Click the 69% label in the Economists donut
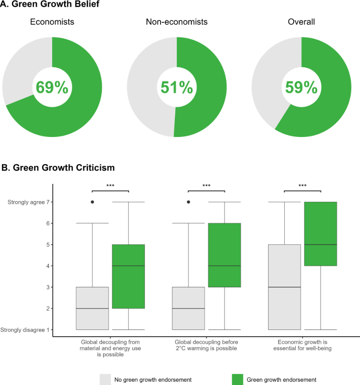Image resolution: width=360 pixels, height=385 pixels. coord(52,87)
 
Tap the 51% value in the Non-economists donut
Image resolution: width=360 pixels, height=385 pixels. coord(177,87)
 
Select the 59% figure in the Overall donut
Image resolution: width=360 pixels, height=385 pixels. coord(301,87)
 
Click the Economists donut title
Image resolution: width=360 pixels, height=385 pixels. coord(52,22)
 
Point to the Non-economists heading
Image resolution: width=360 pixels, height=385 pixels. coord(176,22)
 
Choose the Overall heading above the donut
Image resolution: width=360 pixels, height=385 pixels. coord(301,22)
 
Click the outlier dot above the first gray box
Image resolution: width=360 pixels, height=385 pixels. coord(92,202)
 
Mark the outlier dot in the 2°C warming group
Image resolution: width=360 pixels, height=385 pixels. coord(189,202)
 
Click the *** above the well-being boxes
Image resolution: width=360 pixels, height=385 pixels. coord(302,186)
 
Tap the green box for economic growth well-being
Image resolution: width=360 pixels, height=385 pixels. coord(321,234)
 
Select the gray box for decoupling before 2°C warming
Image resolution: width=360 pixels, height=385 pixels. coord(188,308)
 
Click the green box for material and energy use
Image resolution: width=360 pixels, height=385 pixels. coord(128,276)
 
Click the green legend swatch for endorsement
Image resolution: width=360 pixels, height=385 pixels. coord(238,379)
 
